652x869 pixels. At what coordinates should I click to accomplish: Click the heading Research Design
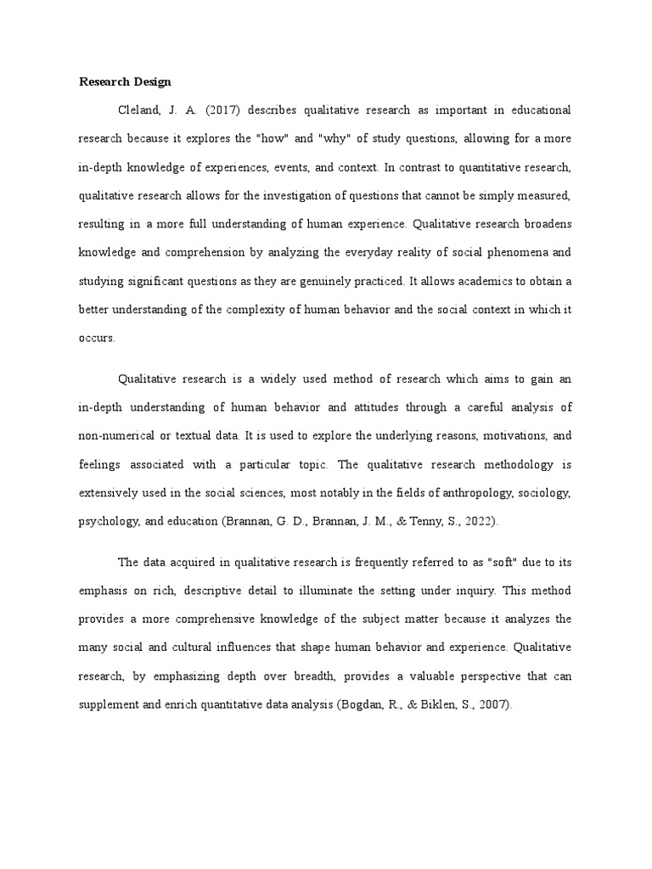coord(125,82)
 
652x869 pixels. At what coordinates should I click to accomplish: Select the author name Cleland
coord(141,110)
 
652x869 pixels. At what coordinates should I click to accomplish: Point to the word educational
coord(532,110)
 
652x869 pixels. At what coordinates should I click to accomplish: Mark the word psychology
coord(109,522)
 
